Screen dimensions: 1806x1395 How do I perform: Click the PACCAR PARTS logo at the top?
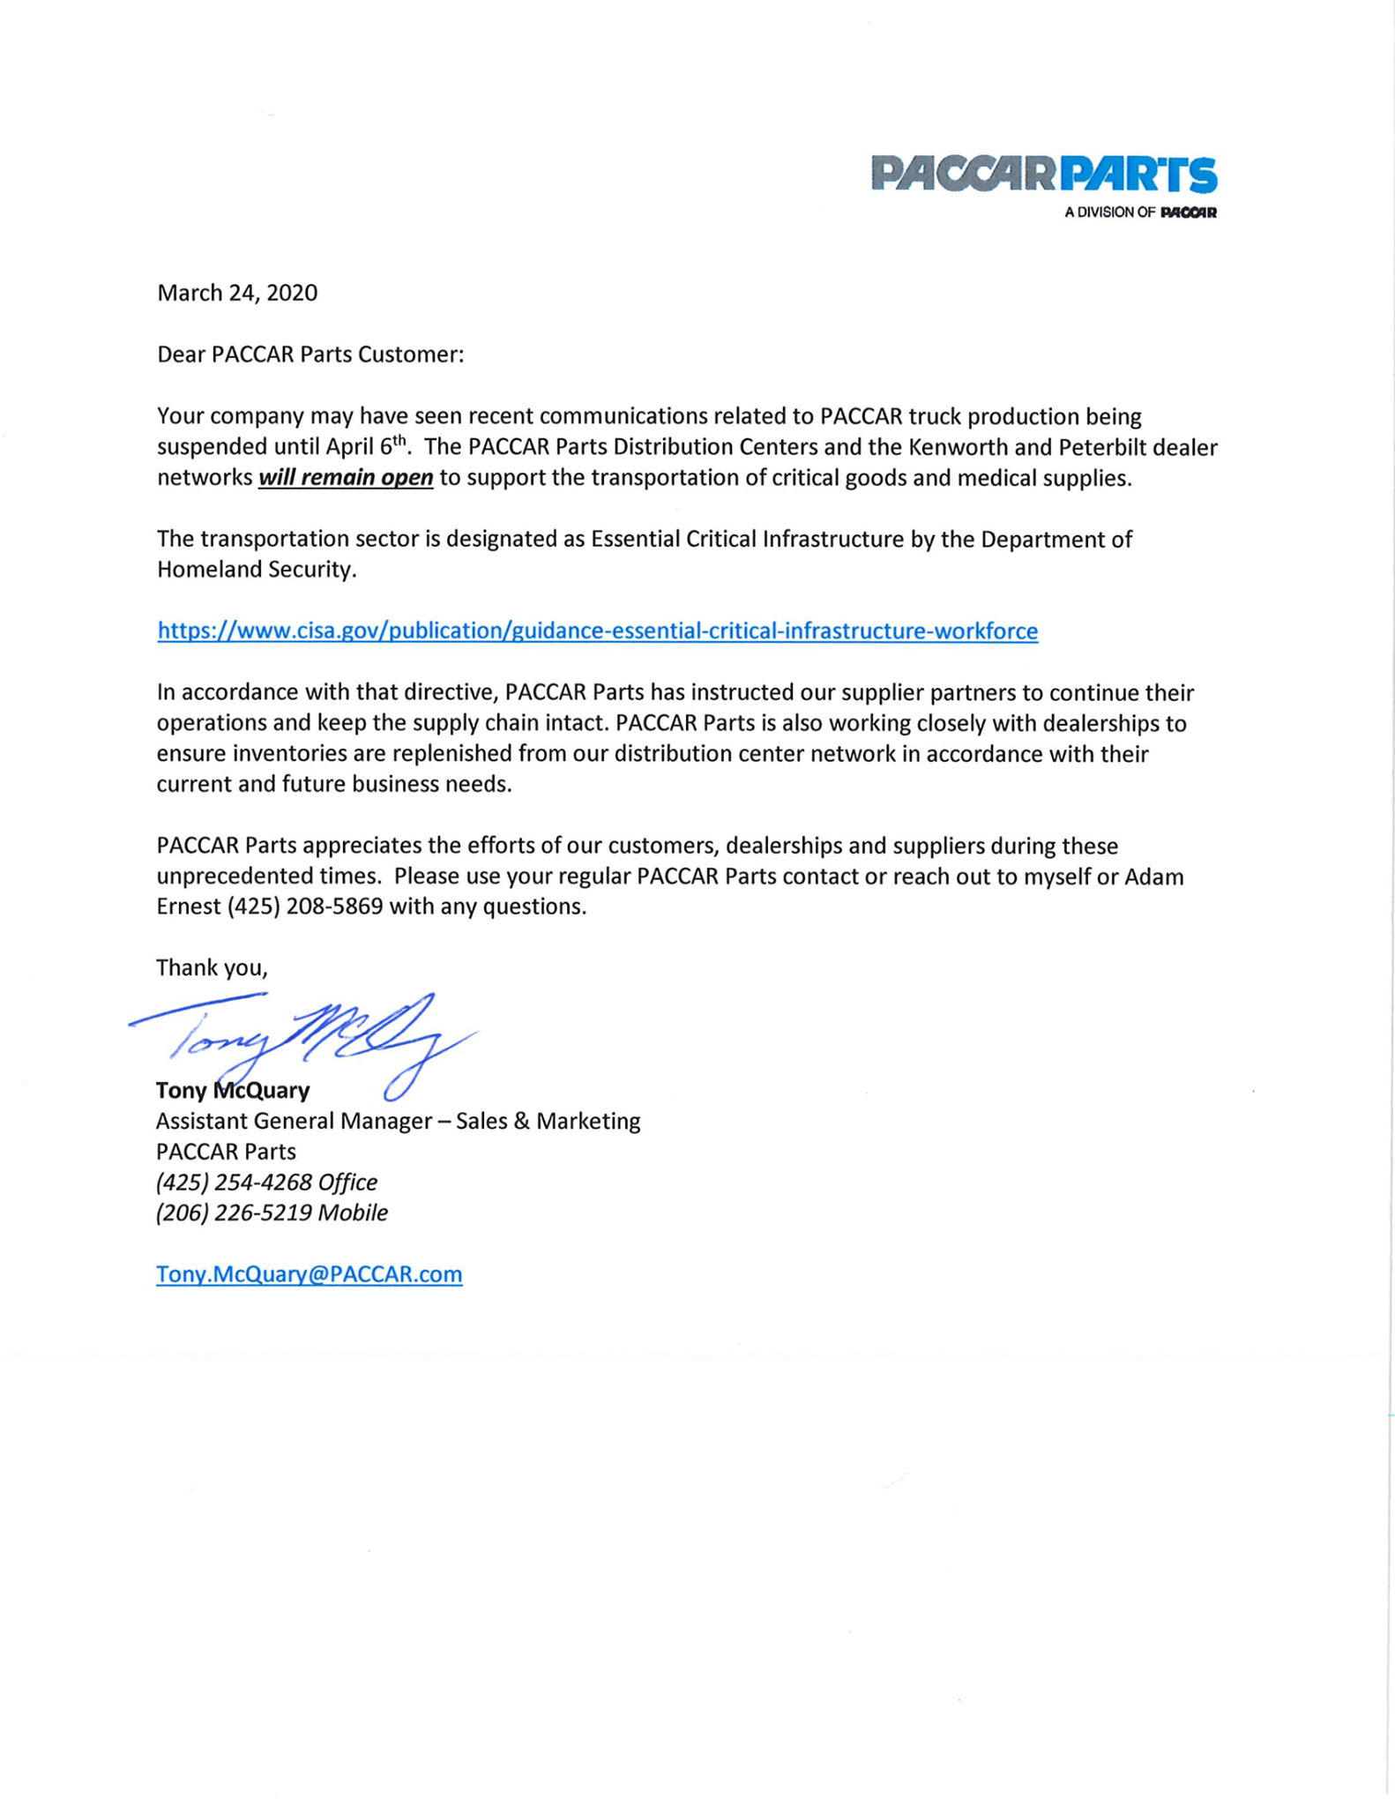[x=1043, y=174]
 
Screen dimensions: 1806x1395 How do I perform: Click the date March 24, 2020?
[x=237, y=293]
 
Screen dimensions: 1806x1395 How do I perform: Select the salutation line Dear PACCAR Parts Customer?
[x=310, y=354]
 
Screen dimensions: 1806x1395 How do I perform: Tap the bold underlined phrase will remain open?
[x=345, y=478]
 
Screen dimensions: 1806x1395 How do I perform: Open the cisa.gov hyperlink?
[x=597, y=631]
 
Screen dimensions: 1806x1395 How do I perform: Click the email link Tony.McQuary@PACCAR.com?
[x=309, y=1274]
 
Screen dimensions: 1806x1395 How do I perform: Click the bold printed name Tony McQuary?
[x=233, y=1091]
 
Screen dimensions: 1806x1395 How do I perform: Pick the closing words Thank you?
[x=212, y=968]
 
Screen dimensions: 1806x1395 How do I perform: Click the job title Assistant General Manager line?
[x=398, y=1122]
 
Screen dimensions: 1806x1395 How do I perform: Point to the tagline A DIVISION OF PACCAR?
[x=1139, y=213]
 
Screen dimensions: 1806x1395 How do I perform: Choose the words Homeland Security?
[x=256, y=570]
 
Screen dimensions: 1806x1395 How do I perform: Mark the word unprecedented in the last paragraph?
[x=258, y=877]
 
